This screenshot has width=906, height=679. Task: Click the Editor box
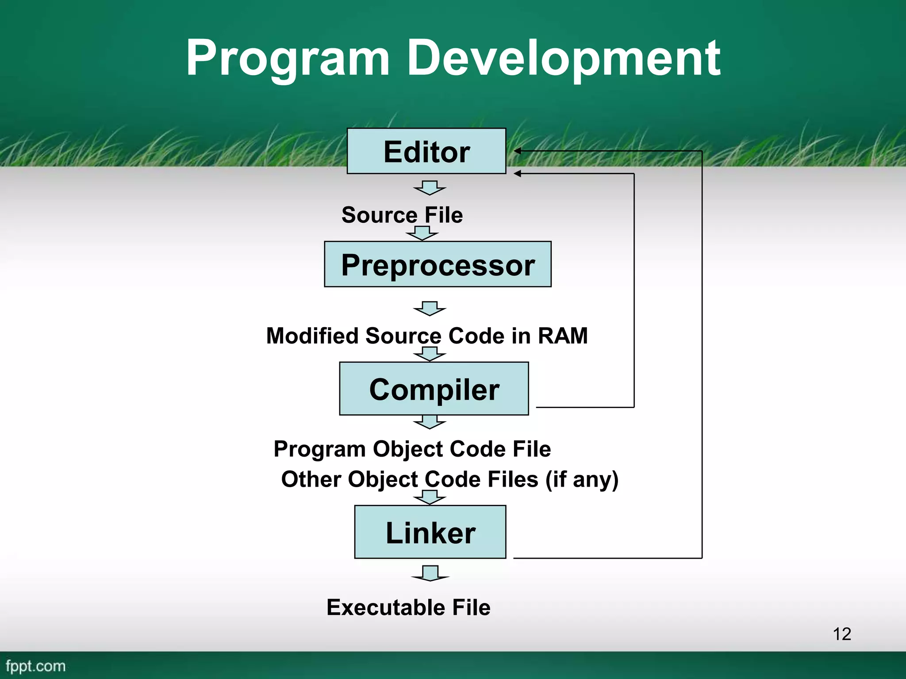(x=426, y=151)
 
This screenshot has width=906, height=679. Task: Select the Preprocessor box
(x=438, y=264)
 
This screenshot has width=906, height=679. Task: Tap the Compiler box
(x=434, y=389)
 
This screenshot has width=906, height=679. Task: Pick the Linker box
(x=430, y=532)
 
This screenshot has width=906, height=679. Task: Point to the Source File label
(x=402, y=215)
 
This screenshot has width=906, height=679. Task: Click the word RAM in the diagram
(x=563, y=336)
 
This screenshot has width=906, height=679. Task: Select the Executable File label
(x=408, y=607)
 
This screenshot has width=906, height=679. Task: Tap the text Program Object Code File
(x=412, y=449)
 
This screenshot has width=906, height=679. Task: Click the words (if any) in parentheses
(x=582, y=480)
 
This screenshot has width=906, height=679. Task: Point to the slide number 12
(x=841, y=634)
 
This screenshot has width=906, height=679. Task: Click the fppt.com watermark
(x=35, y=666)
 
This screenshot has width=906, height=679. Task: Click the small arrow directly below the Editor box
(x=430, y=188)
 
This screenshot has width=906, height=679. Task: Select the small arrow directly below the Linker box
(x=430, y=573)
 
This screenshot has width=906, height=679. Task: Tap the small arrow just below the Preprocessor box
(x=430, y=309)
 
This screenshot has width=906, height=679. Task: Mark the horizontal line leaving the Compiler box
(x=584, y=407)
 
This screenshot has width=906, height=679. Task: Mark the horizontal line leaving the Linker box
(x=606, y=558)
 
